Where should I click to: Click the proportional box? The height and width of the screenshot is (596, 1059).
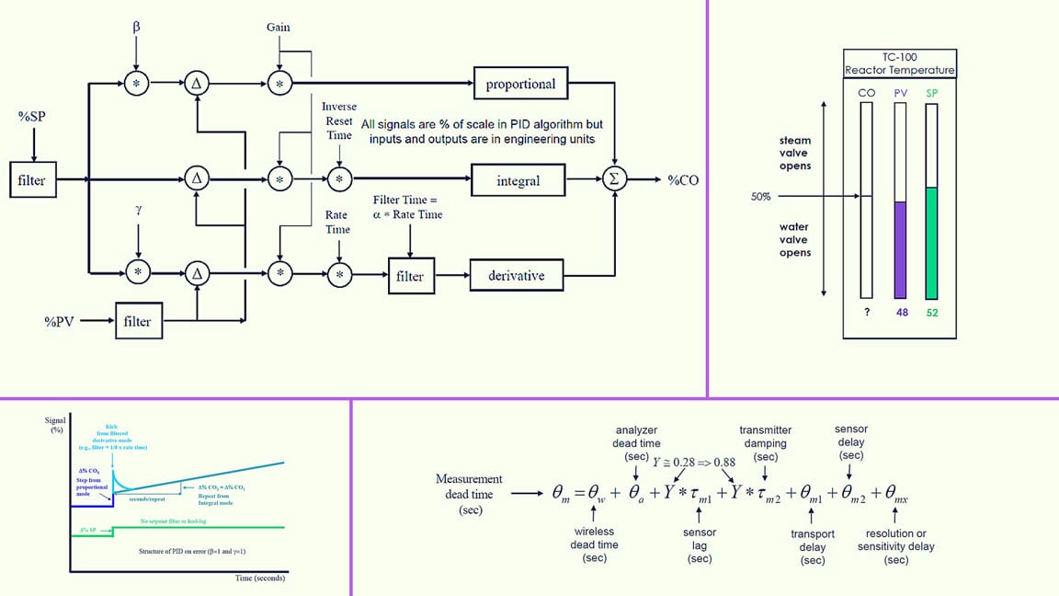[520, 85]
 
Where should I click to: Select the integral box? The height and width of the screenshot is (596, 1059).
[518, 181]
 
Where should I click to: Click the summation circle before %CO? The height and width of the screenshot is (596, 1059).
[613, 180]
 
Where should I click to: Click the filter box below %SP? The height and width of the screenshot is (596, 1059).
[31, 180]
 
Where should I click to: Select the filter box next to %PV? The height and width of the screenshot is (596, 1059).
[138, 322]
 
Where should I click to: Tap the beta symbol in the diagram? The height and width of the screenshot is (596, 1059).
[136, 29]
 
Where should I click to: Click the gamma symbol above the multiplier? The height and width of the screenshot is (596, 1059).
[138, 211]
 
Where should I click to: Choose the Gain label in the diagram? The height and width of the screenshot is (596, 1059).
[278, 27]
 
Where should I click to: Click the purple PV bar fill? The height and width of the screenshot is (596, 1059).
[900, 250]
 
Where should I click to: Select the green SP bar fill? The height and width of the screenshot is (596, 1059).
[931, 243]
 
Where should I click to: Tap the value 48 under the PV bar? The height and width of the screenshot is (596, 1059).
[900, 313]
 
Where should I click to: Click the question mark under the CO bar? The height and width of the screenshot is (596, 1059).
[865, 313]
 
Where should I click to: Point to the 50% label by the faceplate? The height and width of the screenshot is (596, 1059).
[760, 197]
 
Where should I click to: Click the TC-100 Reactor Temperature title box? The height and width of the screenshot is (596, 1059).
[899, 63]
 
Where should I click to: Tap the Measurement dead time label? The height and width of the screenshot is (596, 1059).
[469, 494]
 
